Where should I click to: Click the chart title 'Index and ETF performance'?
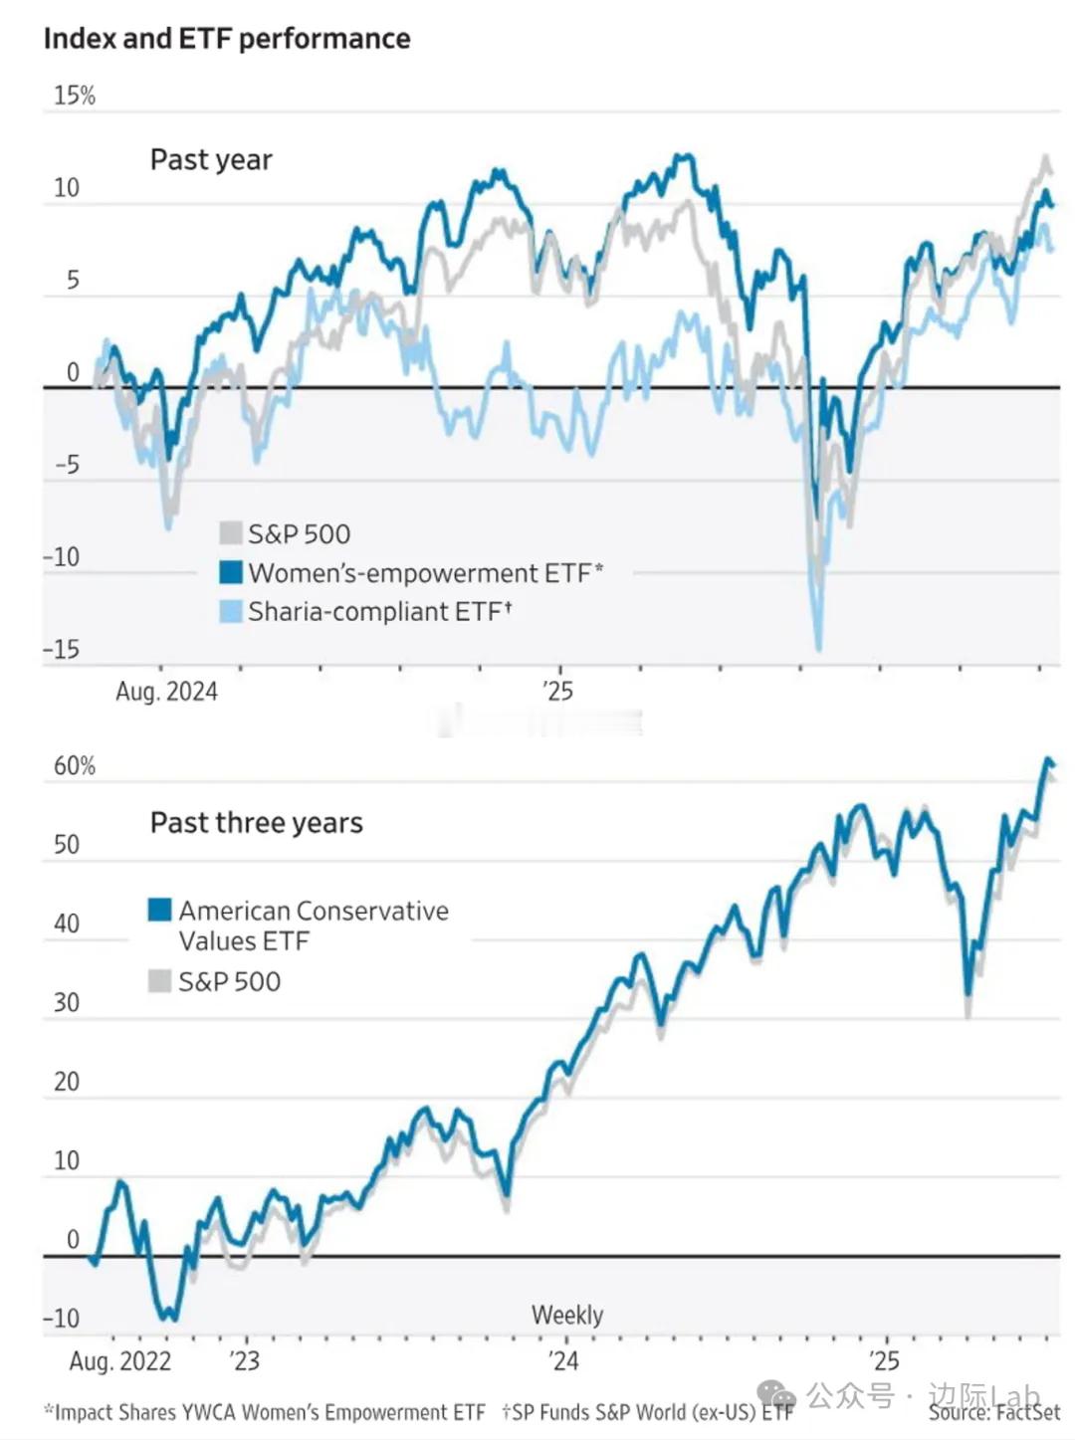point(227,39)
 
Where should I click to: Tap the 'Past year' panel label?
point(211,159)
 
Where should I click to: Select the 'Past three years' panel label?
point(256,823)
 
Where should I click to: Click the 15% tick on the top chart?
point(75,96)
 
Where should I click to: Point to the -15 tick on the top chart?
point(62,650)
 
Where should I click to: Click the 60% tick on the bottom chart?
point(75,765)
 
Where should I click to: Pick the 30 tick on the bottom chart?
point(67,1002)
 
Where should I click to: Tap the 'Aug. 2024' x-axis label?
point(166,692)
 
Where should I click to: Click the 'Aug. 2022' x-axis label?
point(120,1361)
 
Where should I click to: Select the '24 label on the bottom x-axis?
point(563,1361)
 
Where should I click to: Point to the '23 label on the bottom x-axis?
point(244,1361)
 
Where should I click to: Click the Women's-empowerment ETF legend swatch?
point(231,572)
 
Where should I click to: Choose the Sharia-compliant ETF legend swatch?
point(231,611)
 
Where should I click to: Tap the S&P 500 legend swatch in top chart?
point(231,533)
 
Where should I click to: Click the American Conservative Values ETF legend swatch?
point(159,910)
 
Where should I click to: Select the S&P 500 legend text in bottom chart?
point(230,982)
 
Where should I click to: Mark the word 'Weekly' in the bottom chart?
point(567,1315)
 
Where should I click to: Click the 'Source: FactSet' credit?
point(994,1412)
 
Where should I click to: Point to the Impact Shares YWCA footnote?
point(265,1412)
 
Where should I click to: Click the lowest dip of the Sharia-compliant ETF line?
point(819,648)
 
